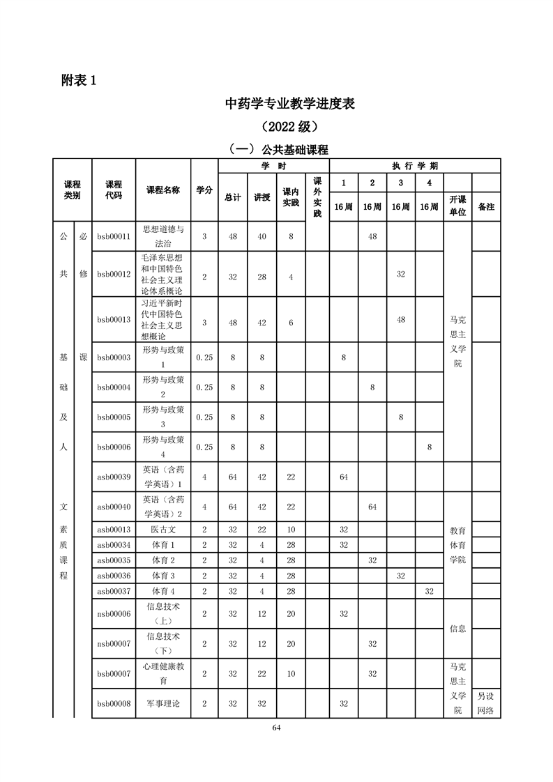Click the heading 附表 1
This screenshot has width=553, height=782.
pyautogui.click(x=78, y=80)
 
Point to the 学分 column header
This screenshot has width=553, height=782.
pyautogui.click(x=204, y=190)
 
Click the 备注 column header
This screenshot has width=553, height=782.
pyautogui.click(x=486, y=207)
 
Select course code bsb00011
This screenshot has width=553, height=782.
pyautogui.click(x=114, y=237)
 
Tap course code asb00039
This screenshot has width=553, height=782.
pyautogui.click(x=114, y=477)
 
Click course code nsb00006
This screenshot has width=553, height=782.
pyautogui.click(x=114, y=613)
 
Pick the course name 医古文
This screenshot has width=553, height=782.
pyautogui.click(x=163, y=529)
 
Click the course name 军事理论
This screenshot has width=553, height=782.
pyautogui.click(x=163, y=703)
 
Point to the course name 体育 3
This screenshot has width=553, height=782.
pyautogui.click(x=163, y=576)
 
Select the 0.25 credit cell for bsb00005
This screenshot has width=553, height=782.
pyautogui.click(x=204, y=417)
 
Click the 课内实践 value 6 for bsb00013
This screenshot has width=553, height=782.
pyautogui.click(x=291, y=320)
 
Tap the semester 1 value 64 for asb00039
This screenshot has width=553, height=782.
pyautogui.click(x=344, y=477)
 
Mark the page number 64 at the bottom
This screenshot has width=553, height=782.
pyautogui.click(x=276, y=728)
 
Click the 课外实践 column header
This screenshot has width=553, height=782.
pyautogui.click(x=317, y=197)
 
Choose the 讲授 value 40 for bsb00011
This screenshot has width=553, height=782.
pyautogui.click(x=262, y=237)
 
